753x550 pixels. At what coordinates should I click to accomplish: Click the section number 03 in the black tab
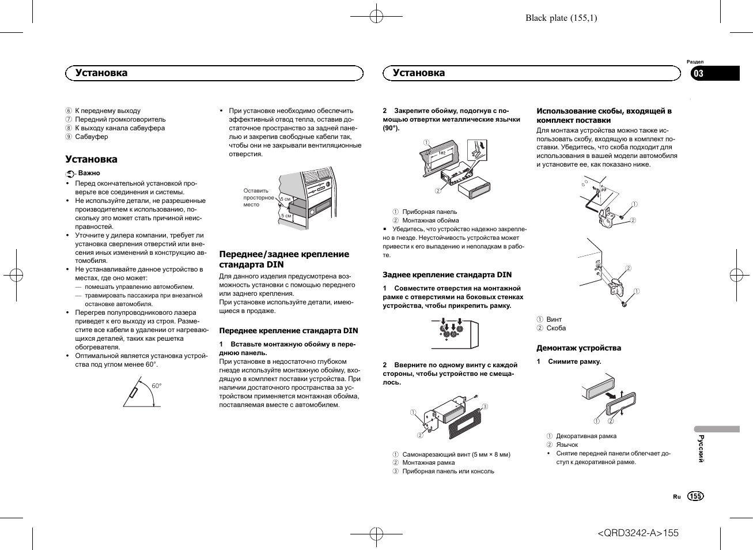pyautogui.click(x=698, y=73)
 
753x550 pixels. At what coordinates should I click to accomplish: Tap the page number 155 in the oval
pyautogui.click(x=695, y=496)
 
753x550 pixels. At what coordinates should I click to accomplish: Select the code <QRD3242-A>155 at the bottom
pyautogui.click(x=638, y=533)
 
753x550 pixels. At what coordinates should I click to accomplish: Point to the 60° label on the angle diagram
pyautogui.click(x=157, y=386)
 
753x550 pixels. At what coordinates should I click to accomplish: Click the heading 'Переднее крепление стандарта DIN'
pyautogui.click(x=288, y=331)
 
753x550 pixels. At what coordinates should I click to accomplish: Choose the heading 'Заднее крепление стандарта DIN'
pyautogui.click(x=447, y=275)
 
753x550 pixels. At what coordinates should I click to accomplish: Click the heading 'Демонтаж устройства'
pyautogui.click(x=578, y=348)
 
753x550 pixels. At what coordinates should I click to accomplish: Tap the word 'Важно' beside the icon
pyautogui.click(x=89, y=173)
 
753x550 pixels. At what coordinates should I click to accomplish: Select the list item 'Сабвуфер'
pyautogui.click(x=92, y=137)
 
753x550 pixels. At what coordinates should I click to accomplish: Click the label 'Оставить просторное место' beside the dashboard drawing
pyautogui.click(x=258, y=198)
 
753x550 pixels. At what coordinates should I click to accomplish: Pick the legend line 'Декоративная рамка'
pyautogui.click(x=586, y=436)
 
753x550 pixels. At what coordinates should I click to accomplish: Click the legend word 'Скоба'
pyautogui.click(x=556, y=328)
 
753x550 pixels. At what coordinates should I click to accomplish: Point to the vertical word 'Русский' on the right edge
pyautogui.click(x=701, y=449)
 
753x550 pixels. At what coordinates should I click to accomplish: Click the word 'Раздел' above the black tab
pyautogui.click(x=695, y=62)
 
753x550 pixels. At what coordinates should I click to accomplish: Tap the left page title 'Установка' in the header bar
pyautogui.click(x=101, y=73)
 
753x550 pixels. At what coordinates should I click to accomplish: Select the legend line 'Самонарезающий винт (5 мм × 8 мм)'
pyautogui.click(x=456, y=454)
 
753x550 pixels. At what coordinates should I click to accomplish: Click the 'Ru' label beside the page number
pyautogui.click(x=676, y=496)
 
